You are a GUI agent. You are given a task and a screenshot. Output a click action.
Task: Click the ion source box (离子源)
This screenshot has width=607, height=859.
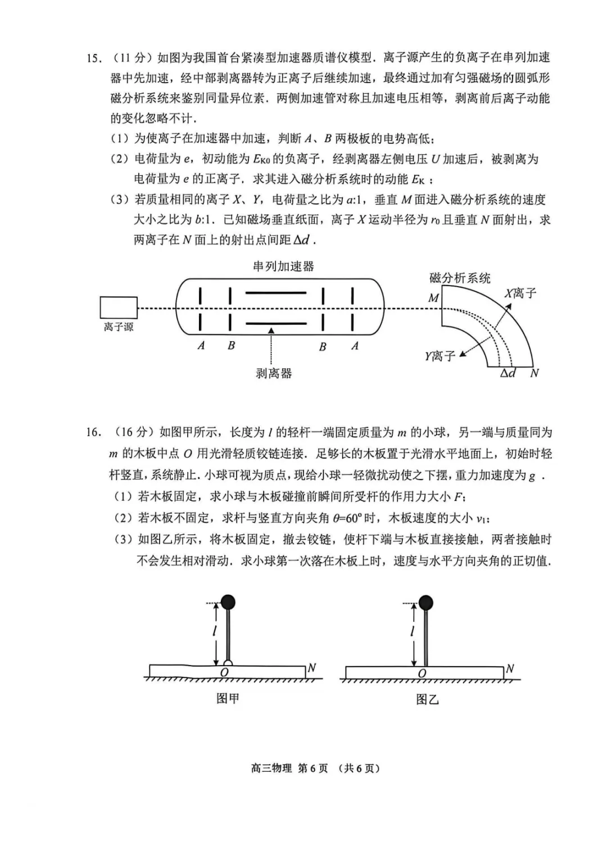click(119, 308)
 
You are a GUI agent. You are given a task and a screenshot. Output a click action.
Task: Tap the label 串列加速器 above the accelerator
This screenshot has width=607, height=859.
click(283, 266)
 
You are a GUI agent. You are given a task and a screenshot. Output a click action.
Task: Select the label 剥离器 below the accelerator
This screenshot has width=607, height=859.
click(274, 373)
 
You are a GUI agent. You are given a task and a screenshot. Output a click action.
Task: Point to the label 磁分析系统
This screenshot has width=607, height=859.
click(460, 278)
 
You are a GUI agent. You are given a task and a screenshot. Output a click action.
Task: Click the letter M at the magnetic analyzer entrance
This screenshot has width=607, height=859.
click(433, 298)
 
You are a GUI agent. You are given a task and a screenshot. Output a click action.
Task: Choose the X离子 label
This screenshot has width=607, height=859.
click(520, 293)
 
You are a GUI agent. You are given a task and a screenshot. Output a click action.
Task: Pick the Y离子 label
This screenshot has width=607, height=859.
click(440, 356)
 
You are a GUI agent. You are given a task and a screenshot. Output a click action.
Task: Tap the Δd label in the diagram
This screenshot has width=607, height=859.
click(508, 373)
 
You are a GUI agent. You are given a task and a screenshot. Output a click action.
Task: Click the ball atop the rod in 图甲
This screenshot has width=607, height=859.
click(228, 602)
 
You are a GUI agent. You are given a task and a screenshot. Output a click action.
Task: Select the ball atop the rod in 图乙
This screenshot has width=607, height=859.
click(426, 602)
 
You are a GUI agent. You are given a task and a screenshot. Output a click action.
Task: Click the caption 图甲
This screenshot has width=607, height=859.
click(228, 698)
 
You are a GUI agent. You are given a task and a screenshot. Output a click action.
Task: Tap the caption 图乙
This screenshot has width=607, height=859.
click(427, 699)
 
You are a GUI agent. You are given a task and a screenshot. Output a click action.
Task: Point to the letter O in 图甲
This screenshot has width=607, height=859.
click(224, 672)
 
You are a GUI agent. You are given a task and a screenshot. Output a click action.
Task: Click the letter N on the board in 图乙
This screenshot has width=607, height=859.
click(510, 668)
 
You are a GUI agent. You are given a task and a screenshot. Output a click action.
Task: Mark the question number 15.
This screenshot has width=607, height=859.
click(93, 58)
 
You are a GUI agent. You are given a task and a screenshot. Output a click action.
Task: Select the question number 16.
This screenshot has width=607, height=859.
click(93, 432)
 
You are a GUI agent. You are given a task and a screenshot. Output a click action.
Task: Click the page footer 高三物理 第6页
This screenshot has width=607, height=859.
click(289, 768)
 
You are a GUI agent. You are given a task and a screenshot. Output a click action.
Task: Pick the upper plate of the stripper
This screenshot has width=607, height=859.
click(276, 293)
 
